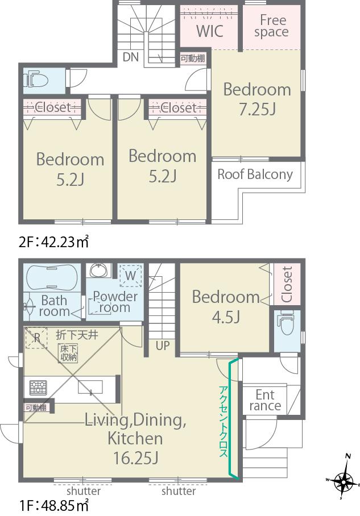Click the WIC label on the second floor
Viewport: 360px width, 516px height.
[209, 31]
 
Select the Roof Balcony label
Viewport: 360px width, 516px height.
[255, 174]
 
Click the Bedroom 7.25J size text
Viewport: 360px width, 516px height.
[257, 109]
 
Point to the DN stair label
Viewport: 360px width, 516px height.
[130, 57]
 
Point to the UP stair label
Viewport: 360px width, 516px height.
[162, 345]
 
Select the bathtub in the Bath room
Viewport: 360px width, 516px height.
[52, 277]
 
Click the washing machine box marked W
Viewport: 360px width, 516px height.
[130, 276]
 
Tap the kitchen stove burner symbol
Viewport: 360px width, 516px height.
[39, 388]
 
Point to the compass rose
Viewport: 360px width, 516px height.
[344, 482]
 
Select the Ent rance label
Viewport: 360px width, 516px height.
[265, 400]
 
